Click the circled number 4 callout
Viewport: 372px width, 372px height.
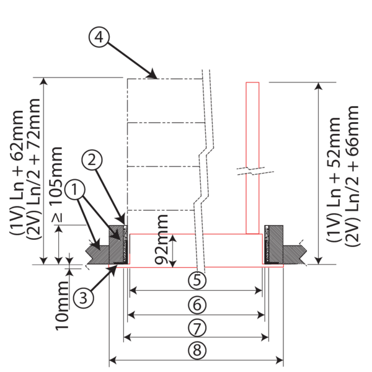tap(99, 37)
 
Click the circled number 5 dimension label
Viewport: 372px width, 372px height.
tap(197, 280)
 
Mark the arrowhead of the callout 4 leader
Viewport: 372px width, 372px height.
tap(154, 77)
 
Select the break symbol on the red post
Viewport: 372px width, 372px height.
tap(252, 169)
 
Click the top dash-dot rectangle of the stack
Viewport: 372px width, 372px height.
tap(164, 100)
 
